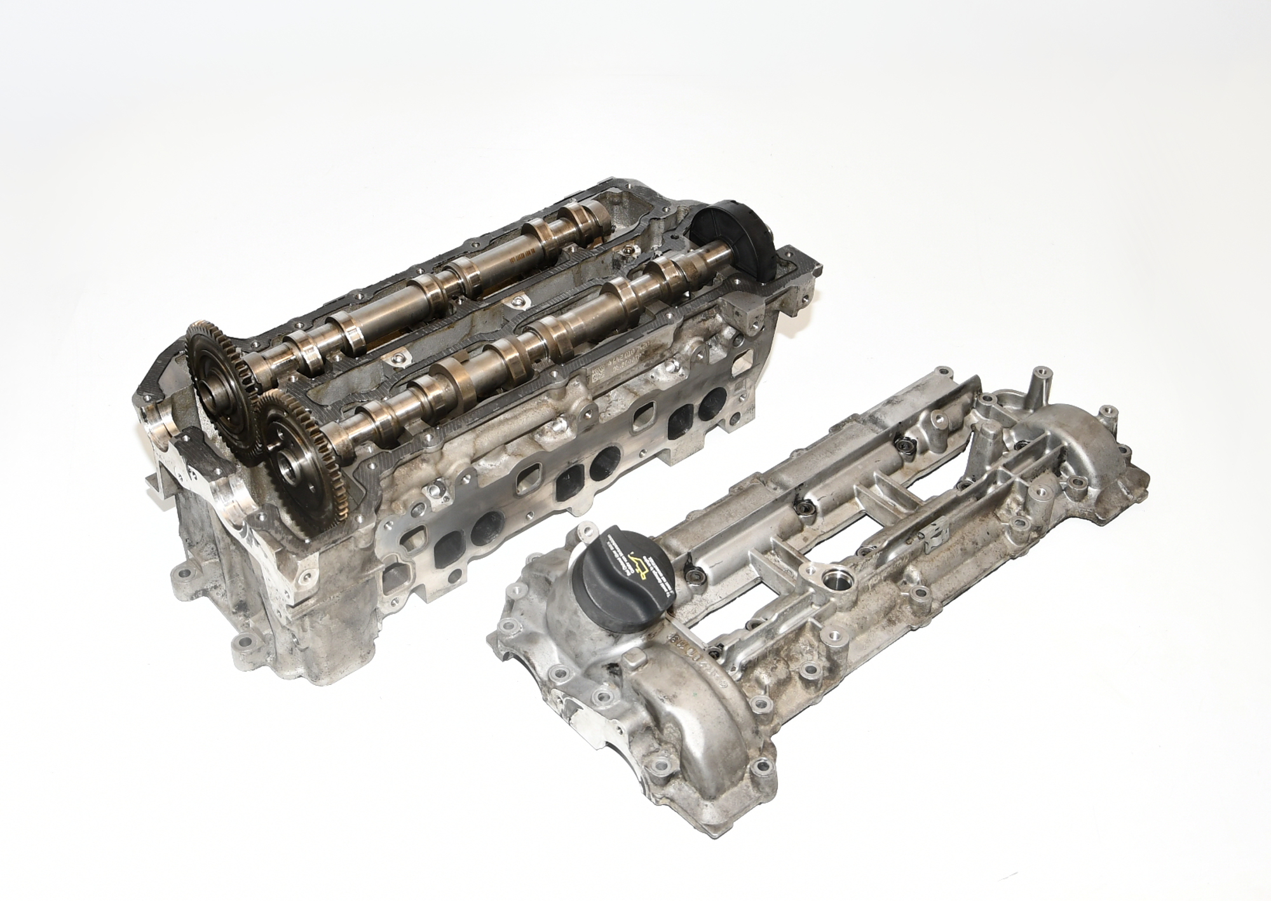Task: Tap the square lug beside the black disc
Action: (749, 308)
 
